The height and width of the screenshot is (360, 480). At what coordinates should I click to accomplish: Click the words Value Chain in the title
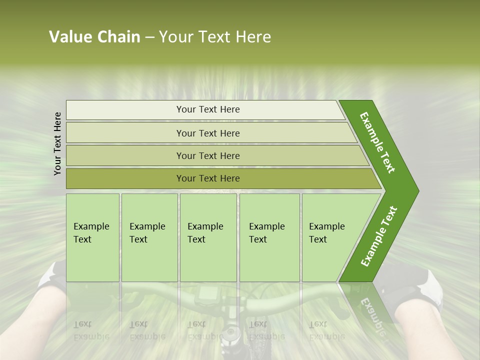[94, 37]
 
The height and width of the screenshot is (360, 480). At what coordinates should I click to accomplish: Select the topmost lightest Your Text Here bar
[207, 109]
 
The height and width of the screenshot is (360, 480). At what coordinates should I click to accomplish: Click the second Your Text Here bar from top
[207, 133]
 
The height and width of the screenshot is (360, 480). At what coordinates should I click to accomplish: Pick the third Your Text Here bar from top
[207, 155]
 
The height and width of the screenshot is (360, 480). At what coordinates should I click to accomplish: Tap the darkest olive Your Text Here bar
[207, 178]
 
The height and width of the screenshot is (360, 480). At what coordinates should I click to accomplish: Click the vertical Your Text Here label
[57, 143]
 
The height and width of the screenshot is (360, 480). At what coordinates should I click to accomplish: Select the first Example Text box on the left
[92, 237]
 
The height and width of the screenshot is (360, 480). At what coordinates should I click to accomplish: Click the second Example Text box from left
[149, 237]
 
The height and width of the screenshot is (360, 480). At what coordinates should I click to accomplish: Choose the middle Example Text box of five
[208, 237]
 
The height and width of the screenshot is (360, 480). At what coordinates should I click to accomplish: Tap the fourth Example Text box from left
[269, 237]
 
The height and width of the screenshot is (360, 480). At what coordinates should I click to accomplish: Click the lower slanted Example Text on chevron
[379, 236]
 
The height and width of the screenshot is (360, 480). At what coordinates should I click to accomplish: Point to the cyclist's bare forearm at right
[430, 330]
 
